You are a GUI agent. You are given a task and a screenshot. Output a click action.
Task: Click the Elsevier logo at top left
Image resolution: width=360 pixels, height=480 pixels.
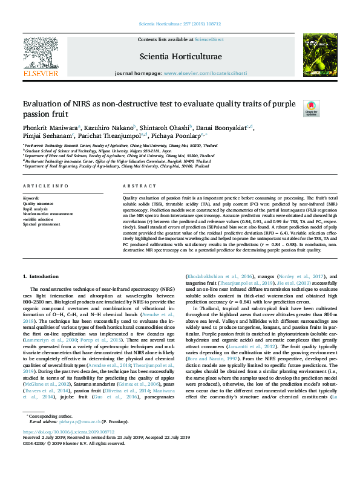(x=41, y=58)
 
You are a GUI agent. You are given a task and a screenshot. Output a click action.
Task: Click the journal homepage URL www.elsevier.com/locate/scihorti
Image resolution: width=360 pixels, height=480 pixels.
(x=205, y=73)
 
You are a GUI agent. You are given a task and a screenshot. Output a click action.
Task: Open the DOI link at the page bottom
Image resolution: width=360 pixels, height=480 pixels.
(x=61, y=433)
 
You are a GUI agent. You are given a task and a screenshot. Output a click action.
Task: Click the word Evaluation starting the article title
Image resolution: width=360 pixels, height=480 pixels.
(x=47, y=104)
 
